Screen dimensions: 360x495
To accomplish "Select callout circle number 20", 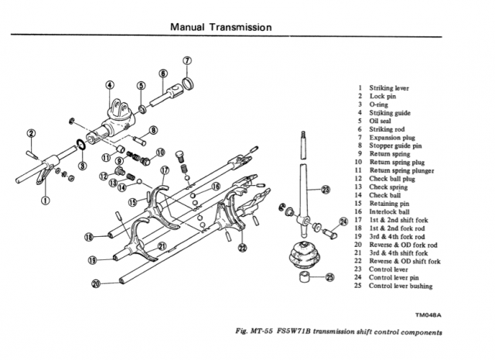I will (96, 283).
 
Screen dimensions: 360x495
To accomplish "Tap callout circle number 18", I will (90, 236).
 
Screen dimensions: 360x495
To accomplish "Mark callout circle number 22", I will (242, 248).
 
